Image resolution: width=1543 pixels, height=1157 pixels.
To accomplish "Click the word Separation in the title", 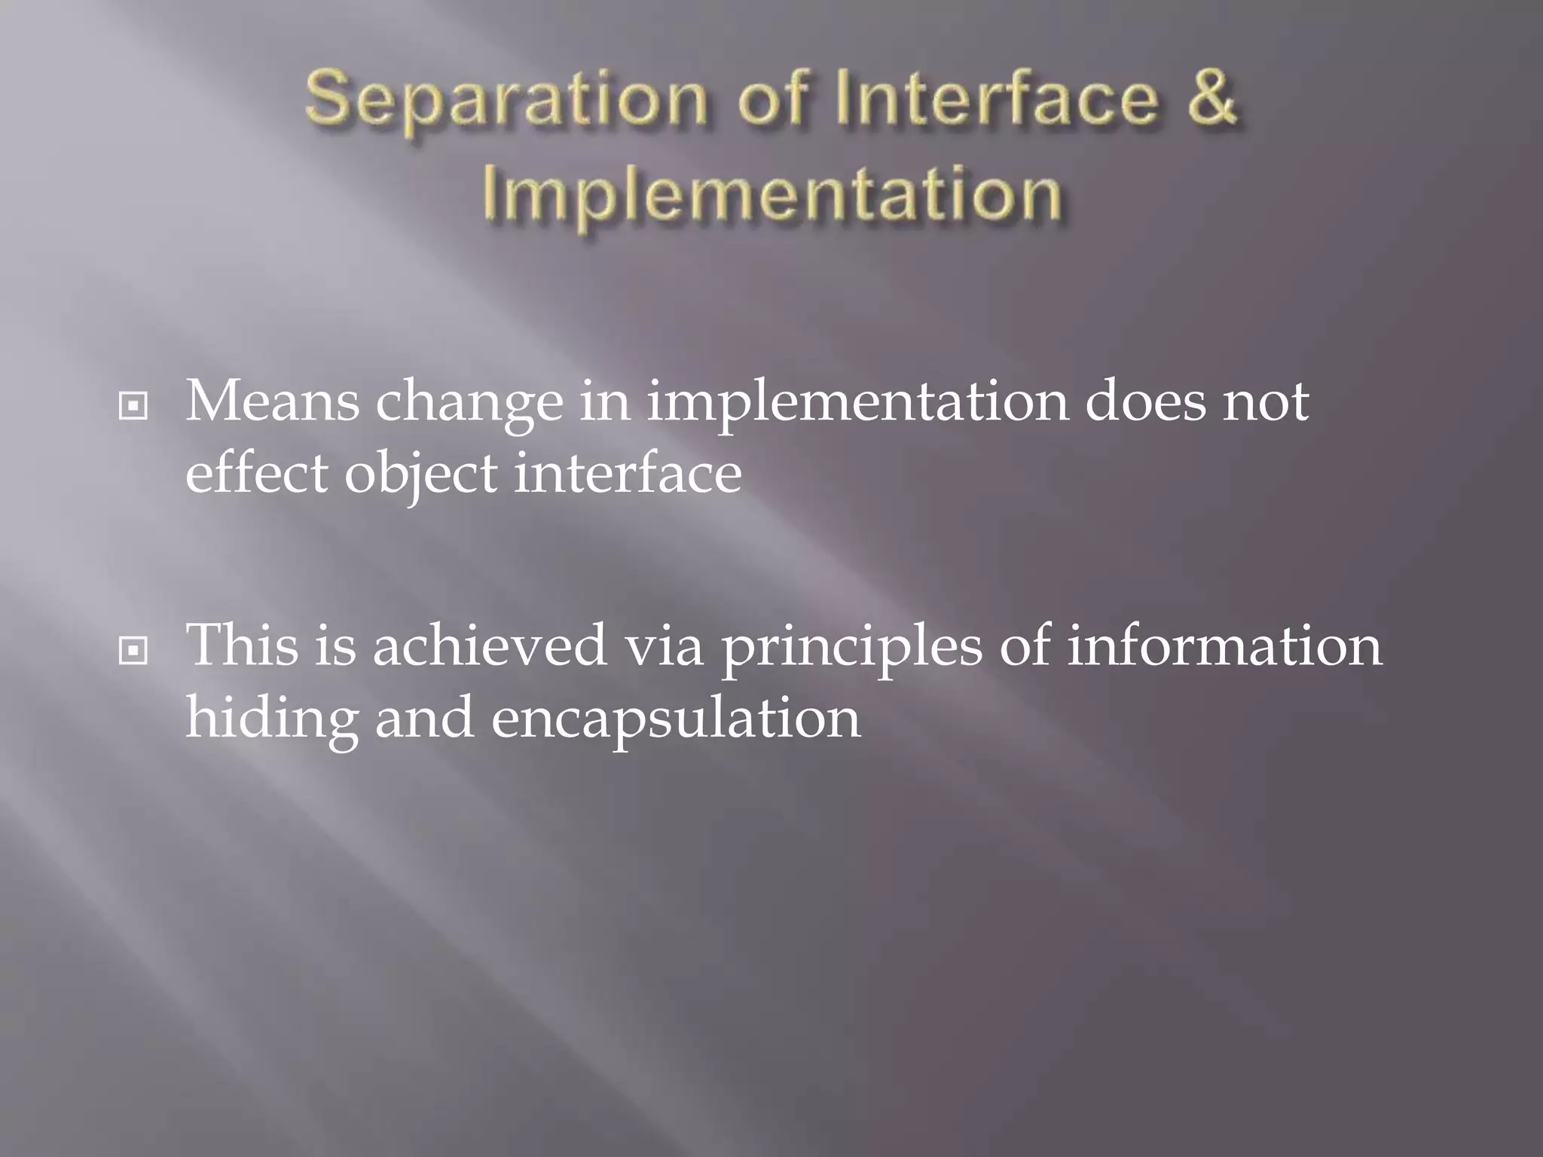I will coord(506,102).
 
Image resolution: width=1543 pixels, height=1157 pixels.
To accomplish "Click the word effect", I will coord(257,474).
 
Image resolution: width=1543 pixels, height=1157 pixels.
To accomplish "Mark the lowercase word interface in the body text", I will coord(628,474).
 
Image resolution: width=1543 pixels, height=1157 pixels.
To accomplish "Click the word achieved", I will coord(490,645).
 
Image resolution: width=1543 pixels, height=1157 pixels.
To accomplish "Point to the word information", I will coord(1224,645).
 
